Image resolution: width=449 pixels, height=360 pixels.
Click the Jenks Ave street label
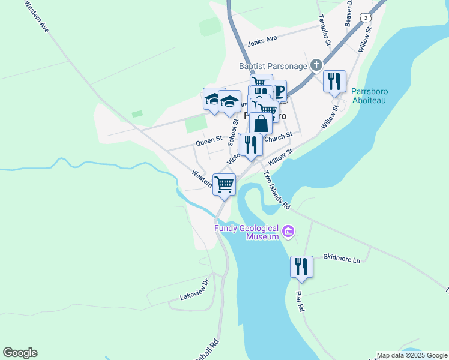(x=262, y=40)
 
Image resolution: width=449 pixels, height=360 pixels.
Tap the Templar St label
(x=324, y=30)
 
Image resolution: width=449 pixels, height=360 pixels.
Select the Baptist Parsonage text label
(x=273, y=65)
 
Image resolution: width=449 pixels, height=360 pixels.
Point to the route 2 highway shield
(x=366, y=19)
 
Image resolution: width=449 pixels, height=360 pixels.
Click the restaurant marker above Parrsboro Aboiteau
(x=334, y=81)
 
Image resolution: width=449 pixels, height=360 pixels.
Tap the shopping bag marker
(x=261, y=124)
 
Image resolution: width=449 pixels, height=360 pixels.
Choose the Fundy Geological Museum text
(x=247, y=232)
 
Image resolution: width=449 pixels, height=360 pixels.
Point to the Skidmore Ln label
(x=341, y=260)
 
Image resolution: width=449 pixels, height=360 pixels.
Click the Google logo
(x=20, y=353)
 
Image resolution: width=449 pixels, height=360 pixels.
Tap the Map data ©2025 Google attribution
(x=412, y=355)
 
